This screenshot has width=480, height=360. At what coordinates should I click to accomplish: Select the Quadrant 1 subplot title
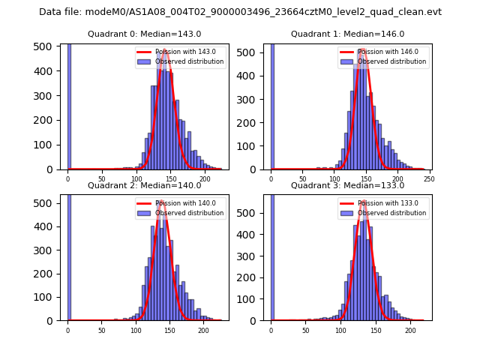point(347,34)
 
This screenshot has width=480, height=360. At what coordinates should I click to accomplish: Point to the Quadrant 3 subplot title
point(347,185)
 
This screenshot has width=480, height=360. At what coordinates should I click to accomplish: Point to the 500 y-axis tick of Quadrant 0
point(46,46)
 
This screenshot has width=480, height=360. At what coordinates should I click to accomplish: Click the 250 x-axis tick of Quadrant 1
point(430,178)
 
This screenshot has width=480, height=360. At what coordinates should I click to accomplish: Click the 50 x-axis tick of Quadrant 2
point(102,330)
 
